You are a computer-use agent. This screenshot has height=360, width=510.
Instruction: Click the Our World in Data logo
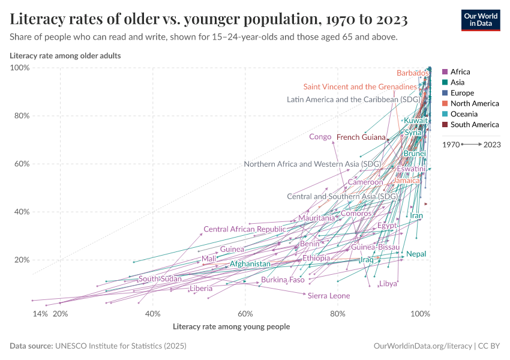coord(480,19)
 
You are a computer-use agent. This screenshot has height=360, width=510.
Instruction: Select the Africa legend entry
coord(460,71)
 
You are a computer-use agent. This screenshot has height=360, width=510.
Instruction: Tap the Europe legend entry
coord(462,93)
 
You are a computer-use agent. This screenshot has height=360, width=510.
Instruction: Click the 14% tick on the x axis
coord(40,314)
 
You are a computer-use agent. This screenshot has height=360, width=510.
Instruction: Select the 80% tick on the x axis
coord(338,314)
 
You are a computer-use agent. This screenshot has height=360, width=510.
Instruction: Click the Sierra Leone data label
coord(328,296)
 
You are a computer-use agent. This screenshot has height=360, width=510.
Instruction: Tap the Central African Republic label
coord(244,229)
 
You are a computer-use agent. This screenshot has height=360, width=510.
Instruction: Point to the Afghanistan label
coord(250,264)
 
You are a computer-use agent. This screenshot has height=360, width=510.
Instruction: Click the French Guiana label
coord(361,137)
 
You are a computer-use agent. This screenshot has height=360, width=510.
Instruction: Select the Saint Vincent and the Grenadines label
coord(360,87)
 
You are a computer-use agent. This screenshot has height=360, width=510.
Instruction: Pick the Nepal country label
coord(416,254)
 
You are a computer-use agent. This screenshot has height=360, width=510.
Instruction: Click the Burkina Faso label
coord(283,280)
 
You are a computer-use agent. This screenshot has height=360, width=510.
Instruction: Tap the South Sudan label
coord(160,279)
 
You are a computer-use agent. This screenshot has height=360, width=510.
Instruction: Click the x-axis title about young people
coord(231,327)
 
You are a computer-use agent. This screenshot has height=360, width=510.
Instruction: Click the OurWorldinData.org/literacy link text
coord(422,346)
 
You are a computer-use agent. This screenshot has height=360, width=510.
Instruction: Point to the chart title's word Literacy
coord(40,20)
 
